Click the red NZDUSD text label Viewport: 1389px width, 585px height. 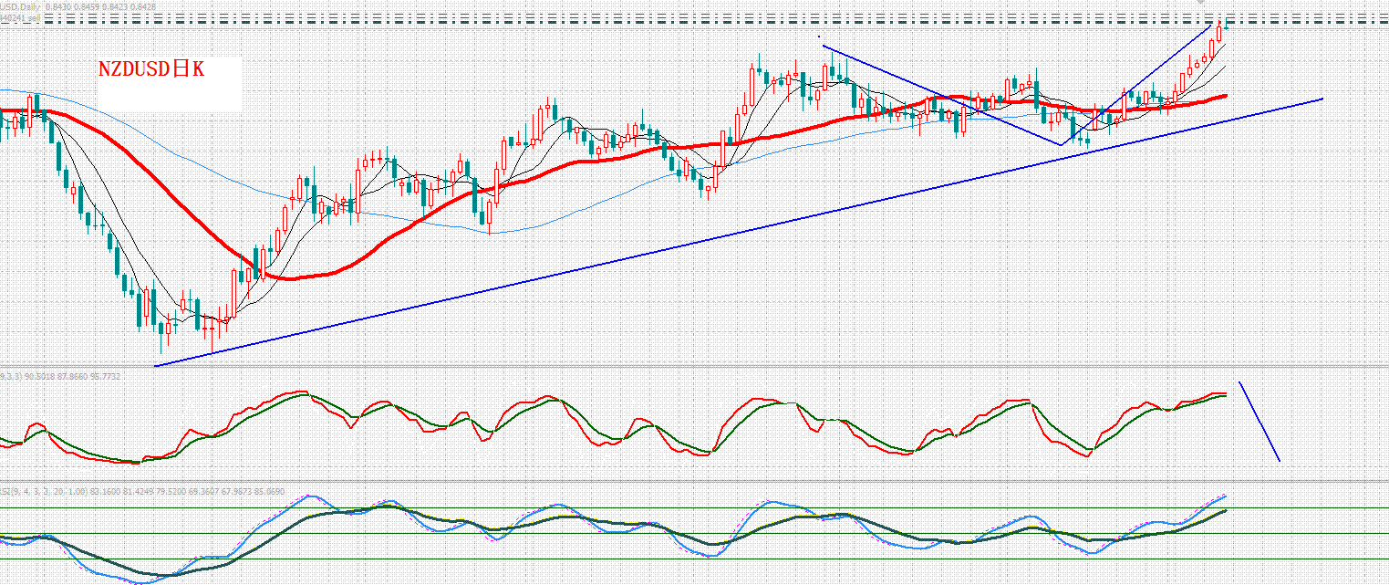point(135,69)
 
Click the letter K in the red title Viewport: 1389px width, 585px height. point(198,69)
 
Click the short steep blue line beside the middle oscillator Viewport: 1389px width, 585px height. point(1259,422)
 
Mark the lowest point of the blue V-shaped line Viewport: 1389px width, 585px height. point(1062,144)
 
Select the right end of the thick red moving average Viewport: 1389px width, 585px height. point(1226,95)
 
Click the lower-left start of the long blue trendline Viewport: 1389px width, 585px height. point(157,366)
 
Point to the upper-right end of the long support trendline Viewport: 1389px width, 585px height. point(1322,98)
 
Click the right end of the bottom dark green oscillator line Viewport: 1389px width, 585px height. point(1227,510)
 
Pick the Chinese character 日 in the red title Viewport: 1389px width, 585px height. point(181,69)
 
